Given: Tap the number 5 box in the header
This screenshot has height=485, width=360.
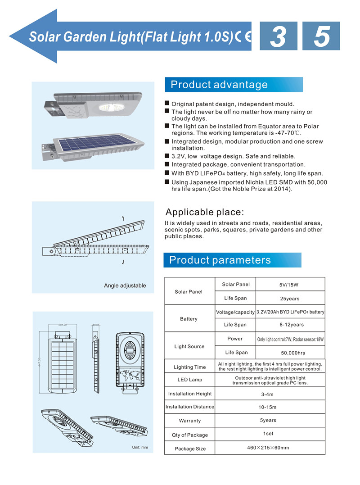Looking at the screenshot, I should [x=321, y=36].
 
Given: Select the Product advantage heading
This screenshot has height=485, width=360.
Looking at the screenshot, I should [x=219, y=85].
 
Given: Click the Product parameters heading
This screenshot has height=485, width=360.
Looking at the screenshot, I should [x=220, y=260].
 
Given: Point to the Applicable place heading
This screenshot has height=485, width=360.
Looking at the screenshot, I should [x=205, y=212].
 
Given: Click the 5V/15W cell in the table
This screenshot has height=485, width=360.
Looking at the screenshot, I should [x=289, y=285].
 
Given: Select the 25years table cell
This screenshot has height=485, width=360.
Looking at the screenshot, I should [x=289, y=298].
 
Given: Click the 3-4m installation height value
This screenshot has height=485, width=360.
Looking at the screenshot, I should [x=267, y=394].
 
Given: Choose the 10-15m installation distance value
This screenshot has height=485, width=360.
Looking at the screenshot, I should [x=268, y=407].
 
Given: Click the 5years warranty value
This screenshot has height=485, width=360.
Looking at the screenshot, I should [x=268, y=420].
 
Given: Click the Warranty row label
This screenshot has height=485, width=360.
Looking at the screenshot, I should [x=190, y=421].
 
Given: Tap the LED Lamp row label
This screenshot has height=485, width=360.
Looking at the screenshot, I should [x=190, y=380].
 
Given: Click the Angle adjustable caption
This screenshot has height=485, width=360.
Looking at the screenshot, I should [x=125, y=286].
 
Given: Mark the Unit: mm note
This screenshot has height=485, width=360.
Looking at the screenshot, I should [x=140, y=448].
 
